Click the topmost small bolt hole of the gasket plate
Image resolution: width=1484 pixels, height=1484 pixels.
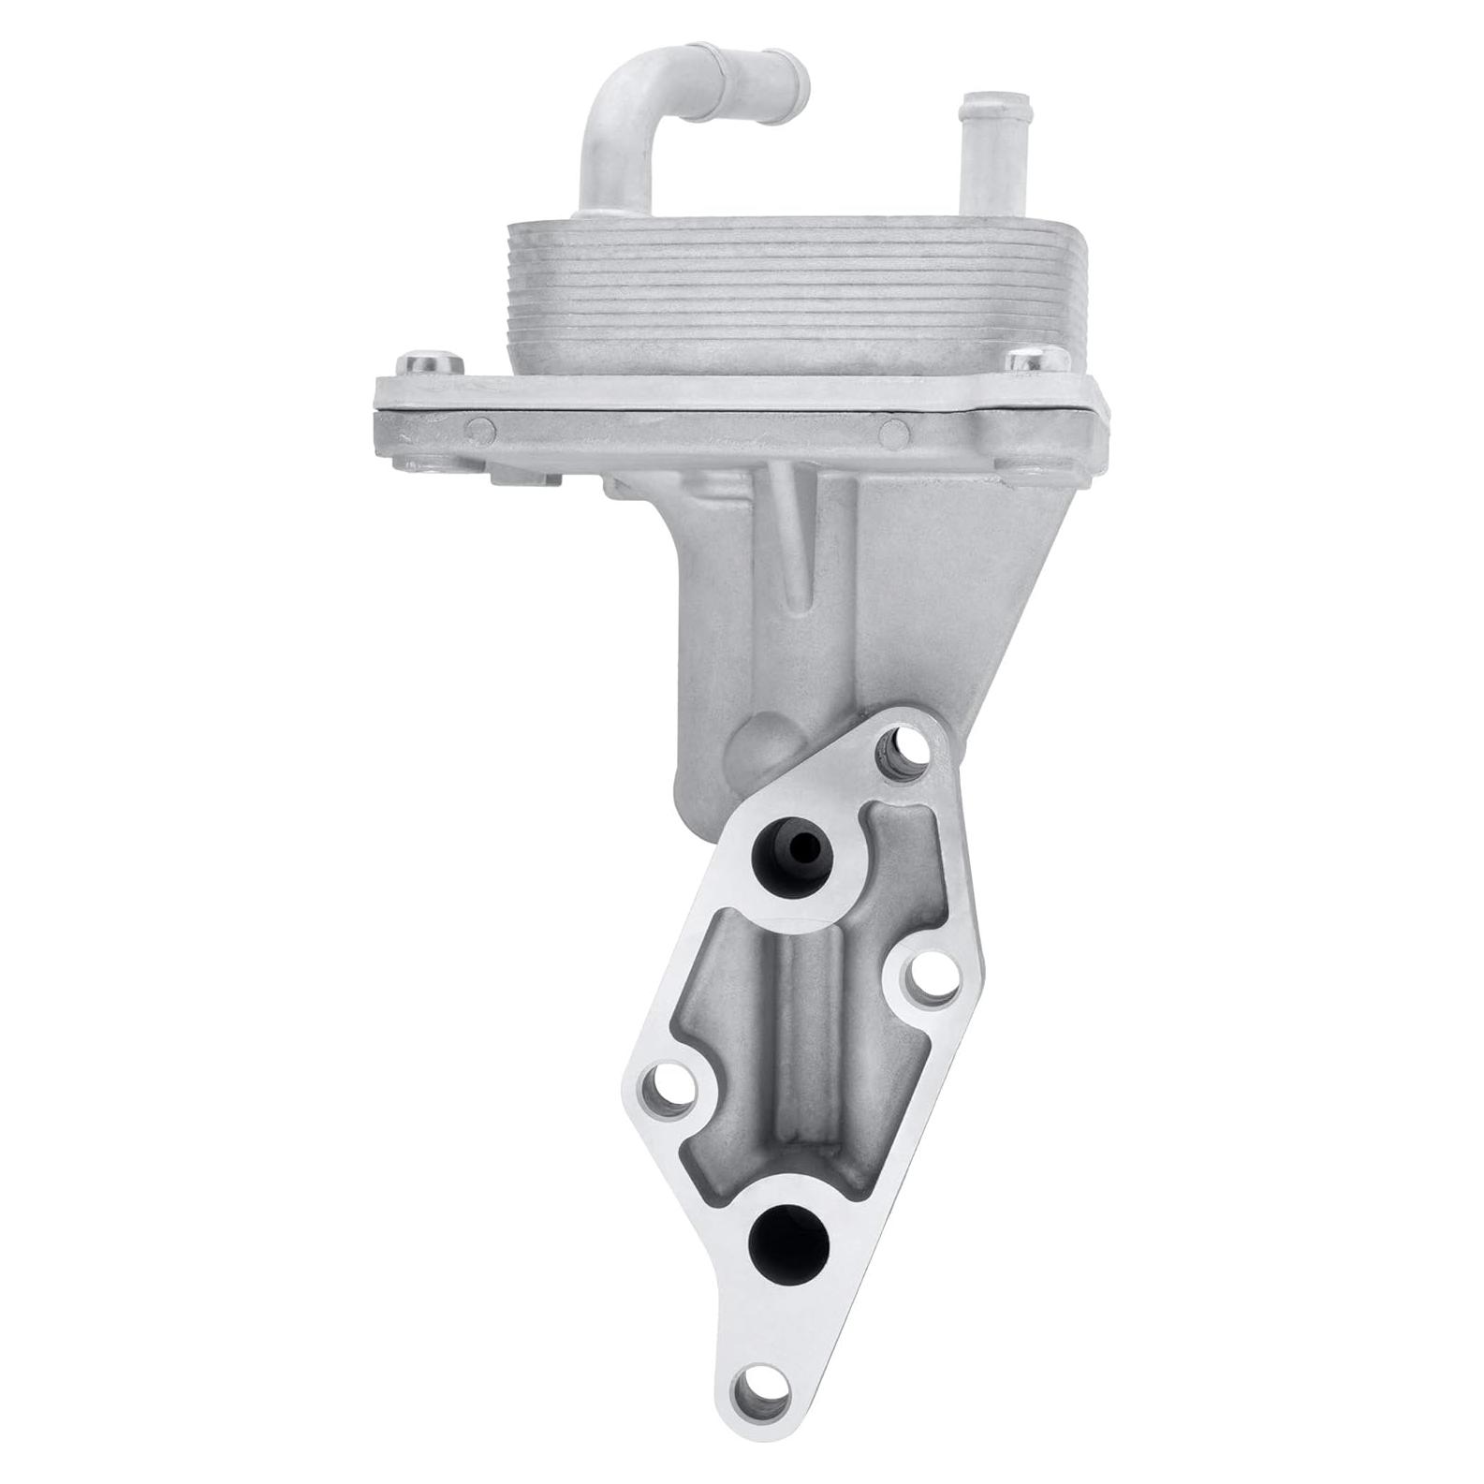coord(904,748)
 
